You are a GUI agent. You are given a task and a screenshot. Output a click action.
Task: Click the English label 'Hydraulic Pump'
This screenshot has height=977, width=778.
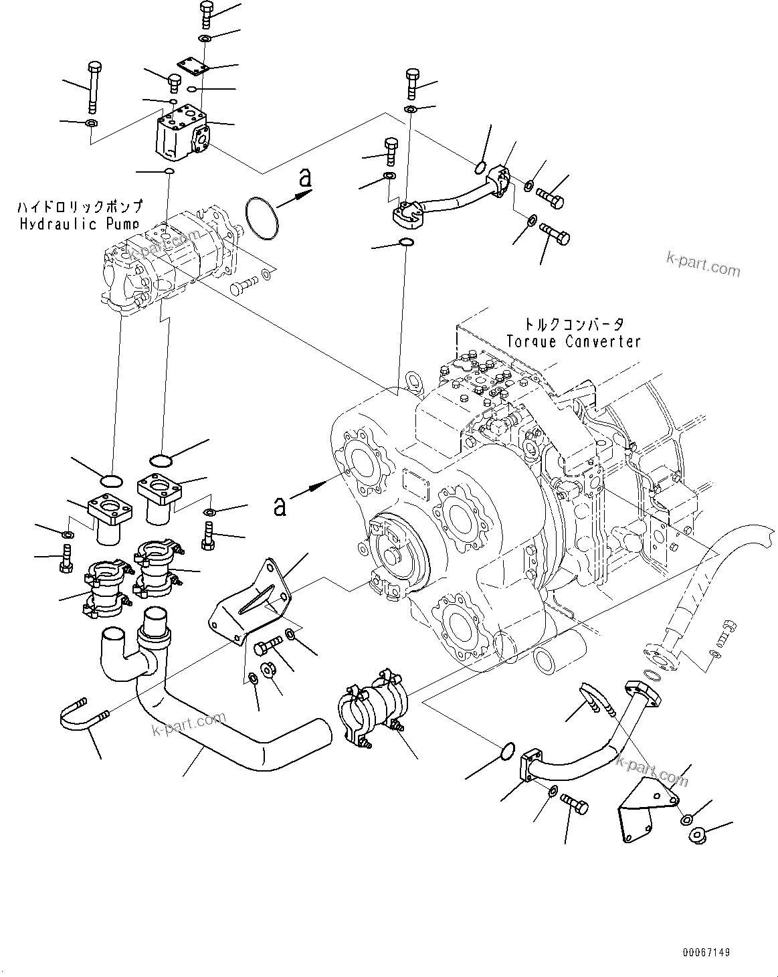pyautogui.click(x=80, y=224)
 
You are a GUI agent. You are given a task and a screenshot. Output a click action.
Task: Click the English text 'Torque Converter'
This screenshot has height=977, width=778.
pyautogui.click(x=573, y=341)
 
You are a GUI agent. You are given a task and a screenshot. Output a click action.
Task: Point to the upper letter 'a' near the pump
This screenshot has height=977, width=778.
pyautogui.click(x=305, y=179)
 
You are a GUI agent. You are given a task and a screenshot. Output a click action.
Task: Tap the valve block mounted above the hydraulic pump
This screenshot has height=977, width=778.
pyautogui.click(x=182, y=135)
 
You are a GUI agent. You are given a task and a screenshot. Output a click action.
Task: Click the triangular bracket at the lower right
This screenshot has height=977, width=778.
pyautogui.click(x=644, y=806)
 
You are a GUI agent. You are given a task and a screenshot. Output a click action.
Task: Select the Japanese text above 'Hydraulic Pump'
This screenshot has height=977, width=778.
pyautogui.click(x=80, y=207)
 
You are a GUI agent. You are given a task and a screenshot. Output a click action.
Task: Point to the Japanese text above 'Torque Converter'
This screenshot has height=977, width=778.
pyautogui.click(x=573, y=324)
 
